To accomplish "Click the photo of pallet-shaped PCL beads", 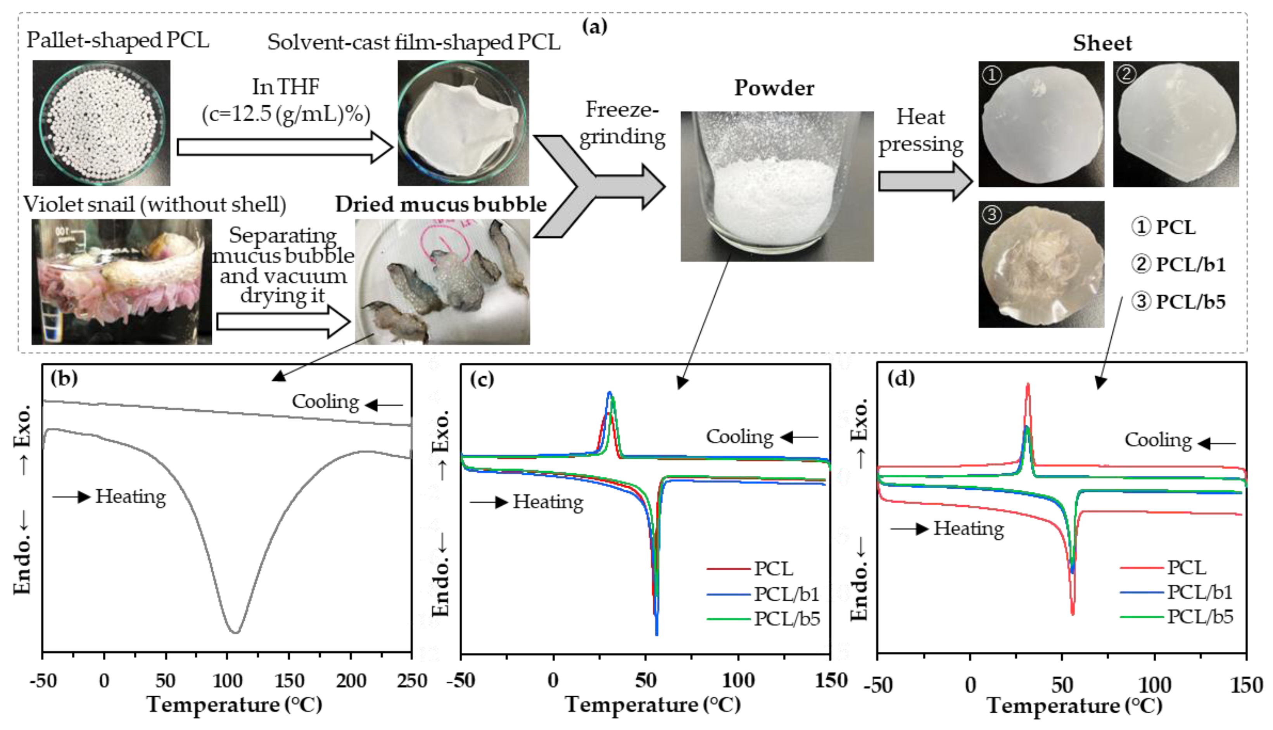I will click(x=101, y=123).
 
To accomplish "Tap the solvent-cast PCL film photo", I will click(x=463, y=123).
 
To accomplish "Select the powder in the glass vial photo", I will click(x=776, y=186).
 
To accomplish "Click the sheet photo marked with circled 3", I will click(x=1041, y=265).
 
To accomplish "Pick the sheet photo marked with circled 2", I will click(x=1175, y=124).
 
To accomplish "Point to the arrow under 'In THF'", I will click(x=284, y=147).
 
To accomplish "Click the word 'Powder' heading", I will click(x=774, y=88).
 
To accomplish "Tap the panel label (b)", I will click(x=64, y=378).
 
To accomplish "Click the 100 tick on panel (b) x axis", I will click(x=227, y=680).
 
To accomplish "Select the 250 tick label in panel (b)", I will click(x=411, y=680).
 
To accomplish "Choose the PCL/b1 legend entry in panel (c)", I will click(x=786, y=594).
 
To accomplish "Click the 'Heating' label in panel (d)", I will click(x=968, y=529).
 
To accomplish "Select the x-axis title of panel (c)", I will click(x=652, y=704).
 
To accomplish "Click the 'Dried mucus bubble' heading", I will click(x=440, y=205).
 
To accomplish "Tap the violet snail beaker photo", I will click(x=121, y=282).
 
